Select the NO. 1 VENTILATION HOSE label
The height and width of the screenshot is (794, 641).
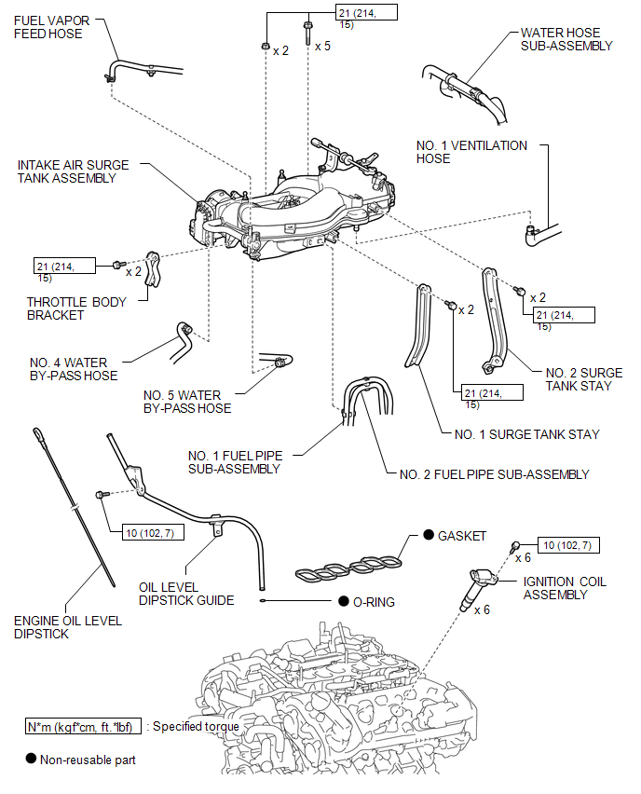[x=471, y=152]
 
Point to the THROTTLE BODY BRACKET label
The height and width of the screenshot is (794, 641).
[x=69, y=308]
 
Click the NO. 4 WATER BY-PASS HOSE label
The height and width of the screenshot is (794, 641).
[x=74, y=369]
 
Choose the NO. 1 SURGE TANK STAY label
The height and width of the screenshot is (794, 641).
[x=527, y=434]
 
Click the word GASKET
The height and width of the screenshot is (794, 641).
[x=462, y=536]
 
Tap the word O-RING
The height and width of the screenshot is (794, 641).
[x=374, y=602]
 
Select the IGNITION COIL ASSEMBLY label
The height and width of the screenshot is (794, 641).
[x=565, y=588]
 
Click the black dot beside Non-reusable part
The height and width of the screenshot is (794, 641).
[x=31, y=760]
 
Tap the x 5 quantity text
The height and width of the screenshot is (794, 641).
[x=323, y=45]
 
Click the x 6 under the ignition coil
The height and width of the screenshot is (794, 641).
[x=482, y=610]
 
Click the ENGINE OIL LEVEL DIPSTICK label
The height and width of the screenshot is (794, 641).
[x=68, y=627]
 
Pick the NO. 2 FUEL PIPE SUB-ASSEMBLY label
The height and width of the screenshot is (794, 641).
[x=494, y=474]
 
